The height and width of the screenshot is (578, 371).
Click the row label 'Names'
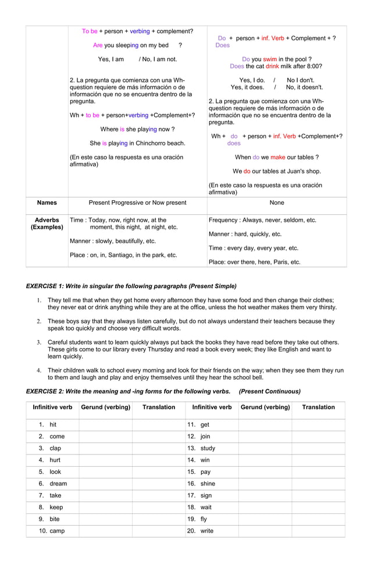[47, 203]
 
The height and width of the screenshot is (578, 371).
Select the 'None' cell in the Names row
[277, 203]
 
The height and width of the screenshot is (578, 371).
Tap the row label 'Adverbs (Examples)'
[47, 224]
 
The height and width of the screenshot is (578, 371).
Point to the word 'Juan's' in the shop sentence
[298, 171]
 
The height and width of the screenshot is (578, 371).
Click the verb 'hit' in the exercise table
[53, 425]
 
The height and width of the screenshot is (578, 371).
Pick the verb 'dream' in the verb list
[58, 484]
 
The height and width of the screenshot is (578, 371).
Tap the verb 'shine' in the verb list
[208, 484]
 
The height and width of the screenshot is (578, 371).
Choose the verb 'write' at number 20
[206, 531]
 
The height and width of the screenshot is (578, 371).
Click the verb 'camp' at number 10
[57, 531]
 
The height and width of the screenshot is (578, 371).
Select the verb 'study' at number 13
[208, 448]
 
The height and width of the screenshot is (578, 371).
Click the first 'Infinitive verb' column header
[52, 407]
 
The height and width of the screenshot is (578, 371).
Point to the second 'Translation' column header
[318, 407]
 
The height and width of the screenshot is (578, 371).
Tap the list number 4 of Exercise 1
[39, 370]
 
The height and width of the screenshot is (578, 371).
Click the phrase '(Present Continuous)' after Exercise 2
[270, 391]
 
